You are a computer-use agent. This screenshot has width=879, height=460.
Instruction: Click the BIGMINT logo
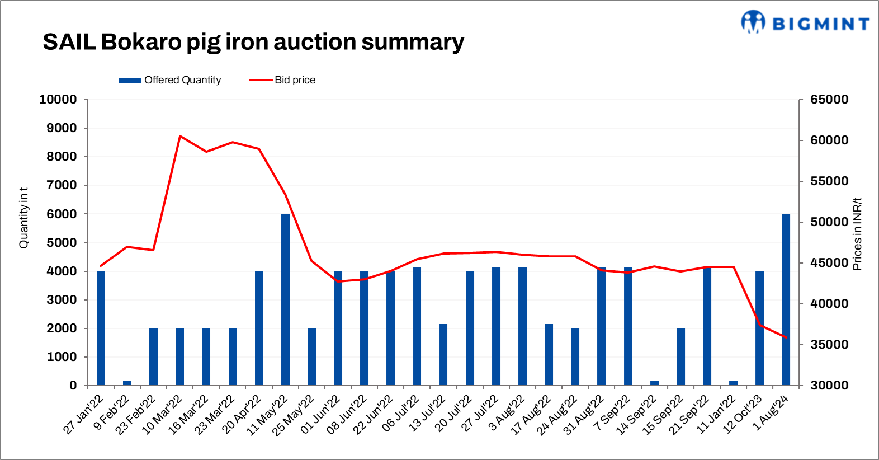[805, 22]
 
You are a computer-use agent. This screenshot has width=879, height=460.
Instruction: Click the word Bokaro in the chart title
[142, 42]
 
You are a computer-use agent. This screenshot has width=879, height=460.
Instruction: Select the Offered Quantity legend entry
[170, 80]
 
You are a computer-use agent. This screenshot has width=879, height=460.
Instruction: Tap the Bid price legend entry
[282, 80]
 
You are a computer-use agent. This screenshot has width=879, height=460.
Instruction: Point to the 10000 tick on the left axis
[58, 100]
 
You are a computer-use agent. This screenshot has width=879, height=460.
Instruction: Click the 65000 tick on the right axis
[829, 100]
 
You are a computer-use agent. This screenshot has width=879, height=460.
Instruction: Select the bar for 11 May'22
[285, 299]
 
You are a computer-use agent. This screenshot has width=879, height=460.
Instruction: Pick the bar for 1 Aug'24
[786, 299]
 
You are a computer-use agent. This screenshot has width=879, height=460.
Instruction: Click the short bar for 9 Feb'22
[127, 383]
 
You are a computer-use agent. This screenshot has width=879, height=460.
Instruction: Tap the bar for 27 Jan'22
[101, 328]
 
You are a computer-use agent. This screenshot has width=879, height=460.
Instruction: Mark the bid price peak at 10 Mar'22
[179, 136]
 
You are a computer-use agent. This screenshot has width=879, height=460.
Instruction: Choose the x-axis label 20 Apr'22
[243, 414]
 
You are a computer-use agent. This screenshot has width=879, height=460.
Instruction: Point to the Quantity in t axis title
[23, 218]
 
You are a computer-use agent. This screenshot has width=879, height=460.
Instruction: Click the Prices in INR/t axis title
[857, 234]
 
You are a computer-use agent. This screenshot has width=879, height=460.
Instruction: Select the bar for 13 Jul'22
[443, 355]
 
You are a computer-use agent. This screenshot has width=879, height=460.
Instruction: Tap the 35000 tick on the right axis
[829, 345]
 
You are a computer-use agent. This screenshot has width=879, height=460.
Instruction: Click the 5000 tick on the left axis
[62, 243]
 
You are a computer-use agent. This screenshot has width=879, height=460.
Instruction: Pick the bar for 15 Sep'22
[680, 357]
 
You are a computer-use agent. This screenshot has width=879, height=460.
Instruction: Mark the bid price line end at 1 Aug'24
[786, 337]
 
